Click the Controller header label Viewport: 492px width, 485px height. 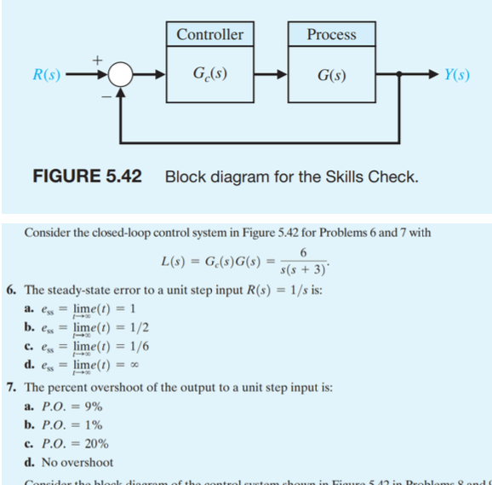pyautogui.click(x=209, y=35)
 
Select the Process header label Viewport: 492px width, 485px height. pyautogui.click(x=331, y=35)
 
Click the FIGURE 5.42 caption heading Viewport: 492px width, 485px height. pyautogui.click(x=86, y=177)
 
